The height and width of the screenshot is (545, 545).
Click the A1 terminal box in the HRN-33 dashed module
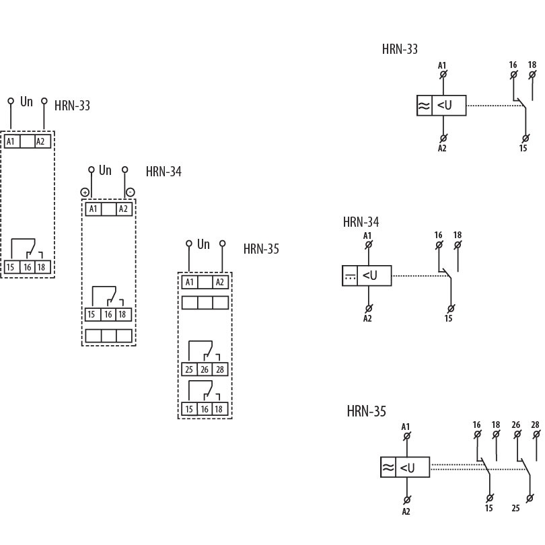click(11, 141)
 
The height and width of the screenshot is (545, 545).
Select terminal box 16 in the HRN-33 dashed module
click(27, 267)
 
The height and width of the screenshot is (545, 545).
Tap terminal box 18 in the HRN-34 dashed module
click(123, 314)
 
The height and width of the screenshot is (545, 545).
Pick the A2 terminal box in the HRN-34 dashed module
click(123, 209)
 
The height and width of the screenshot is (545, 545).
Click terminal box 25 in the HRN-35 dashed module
click(189, 369)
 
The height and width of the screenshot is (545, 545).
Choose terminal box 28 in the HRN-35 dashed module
click(219, 369)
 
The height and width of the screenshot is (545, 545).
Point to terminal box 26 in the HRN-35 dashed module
click(205, 369)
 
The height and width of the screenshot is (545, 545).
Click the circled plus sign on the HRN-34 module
click(85, 192)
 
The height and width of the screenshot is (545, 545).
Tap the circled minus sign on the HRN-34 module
click(130, 192)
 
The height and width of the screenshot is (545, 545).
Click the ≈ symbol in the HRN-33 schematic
click(425, 106)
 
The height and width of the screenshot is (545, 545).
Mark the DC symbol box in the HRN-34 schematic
click(350, 275)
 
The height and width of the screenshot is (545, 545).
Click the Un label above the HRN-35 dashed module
click(204, 244)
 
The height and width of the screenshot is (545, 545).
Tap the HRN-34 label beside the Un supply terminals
click(163, 172)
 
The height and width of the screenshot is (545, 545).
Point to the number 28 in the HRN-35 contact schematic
click(535, 425)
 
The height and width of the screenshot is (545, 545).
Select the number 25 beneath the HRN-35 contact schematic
click(515, 508)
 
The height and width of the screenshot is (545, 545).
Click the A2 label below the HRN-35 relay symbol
click(406, 511)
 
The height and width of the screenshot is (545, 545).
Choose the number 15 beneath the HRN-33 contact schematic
click(523, 147)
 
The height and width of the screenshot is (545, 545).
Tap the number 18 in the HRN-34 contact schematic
click(458, 235)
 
